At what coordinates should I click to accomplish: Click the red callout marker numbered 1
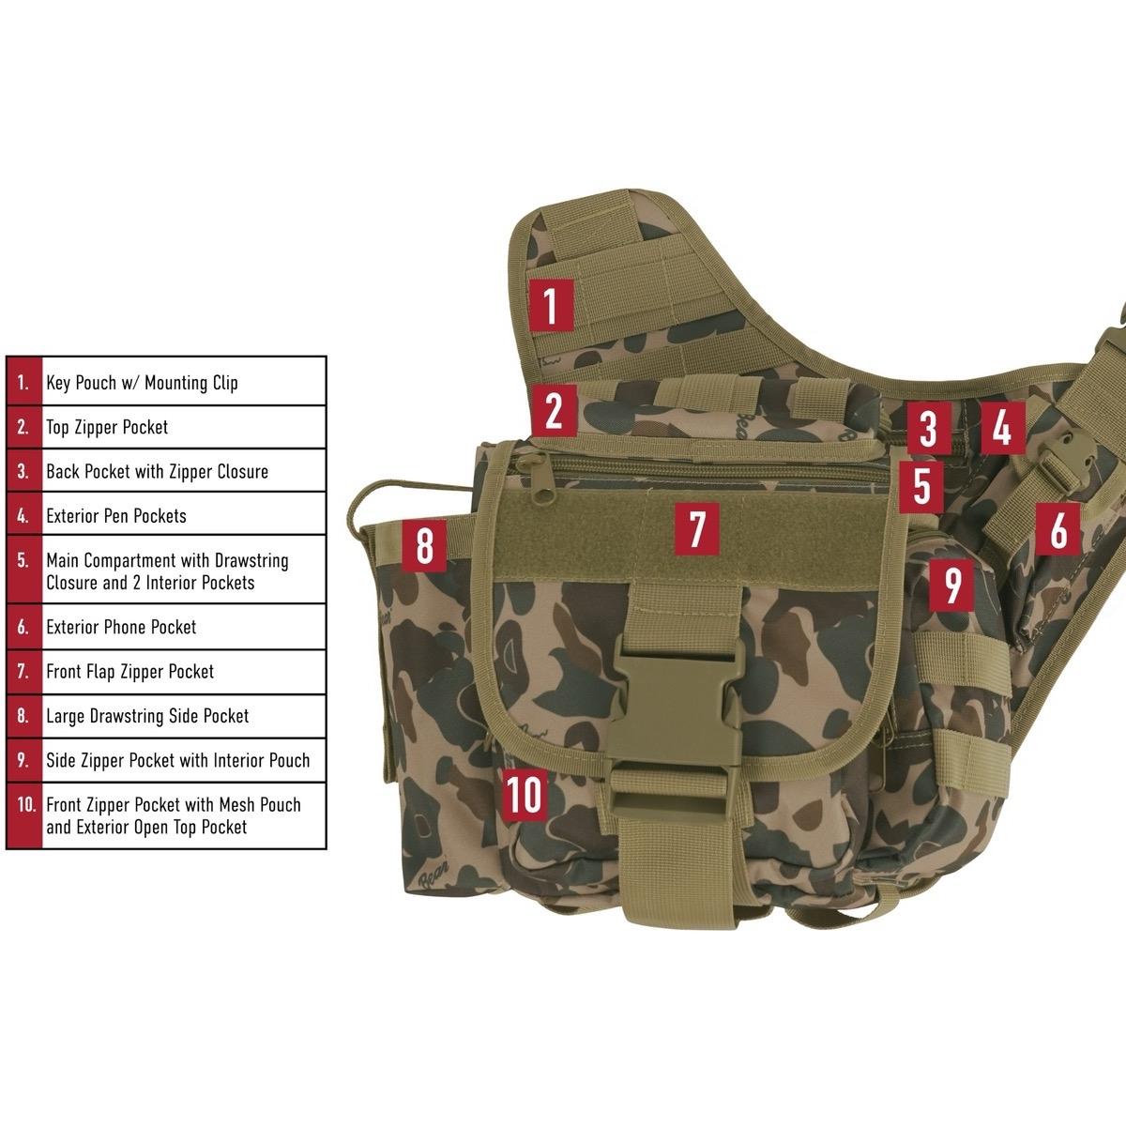point(551,306)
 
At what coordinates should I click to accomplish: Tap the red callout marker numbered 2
point(554,410)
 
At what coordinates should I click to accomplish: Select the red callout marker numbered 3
point(927,428)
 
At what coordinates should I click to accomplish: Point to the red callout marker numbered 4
point(1002,428)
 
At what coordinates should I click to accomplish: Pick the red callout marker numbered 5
point(921,486)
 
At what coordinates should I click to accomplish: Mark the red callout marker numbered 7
point(696,527)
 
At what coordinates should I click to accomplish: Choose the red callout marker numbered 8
point(424,546)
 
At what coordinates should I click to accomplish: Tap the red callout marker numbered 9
point(952,584)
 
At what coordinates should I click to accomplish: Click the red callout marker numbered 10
point(525,795)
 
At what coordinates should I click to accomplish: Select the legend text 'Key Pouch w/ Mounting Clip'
point(142,383)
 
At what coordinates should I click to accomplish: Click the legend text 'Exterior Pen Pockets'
point(116,516)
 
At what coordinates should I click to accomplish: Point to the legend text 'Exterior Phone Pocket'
point(121,627)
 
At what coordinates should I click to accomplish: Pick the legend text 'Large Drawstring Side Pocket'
point(147,716)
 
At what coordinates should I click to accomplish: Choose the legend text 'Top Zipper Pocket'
point(107,427)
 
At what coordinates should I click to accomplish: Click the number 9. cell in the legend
point(23,760)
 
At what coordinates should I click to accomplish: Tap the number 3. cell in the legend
point(23,471)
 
